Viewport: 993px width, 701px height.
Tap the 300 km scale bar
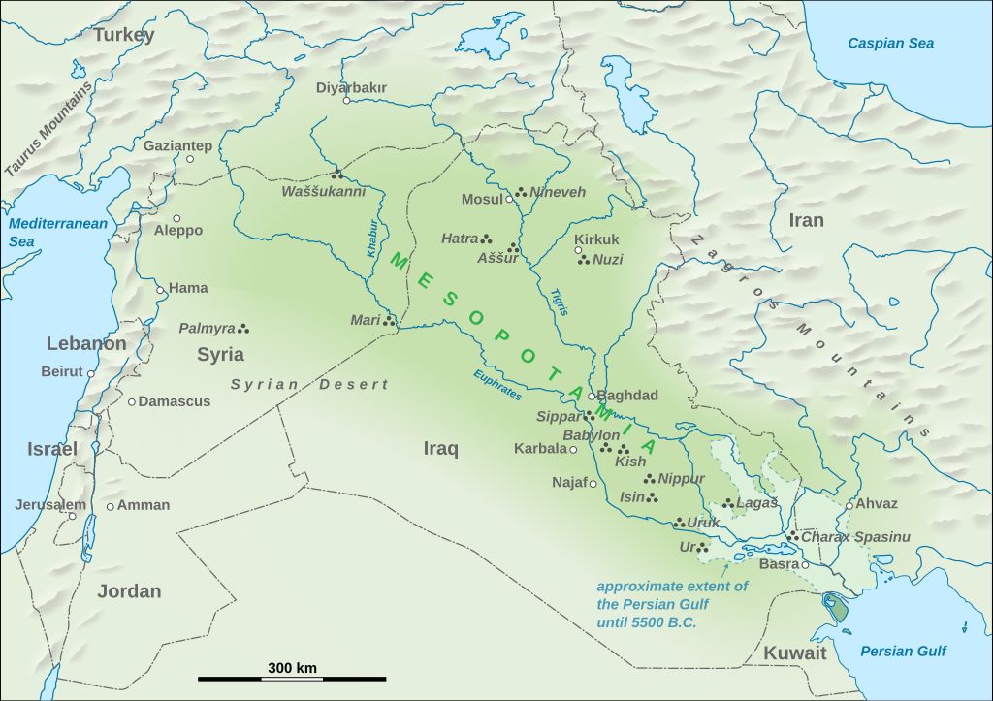(x=292, y=679)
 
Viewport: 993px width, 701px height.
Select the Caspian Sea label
(x=890, y=43)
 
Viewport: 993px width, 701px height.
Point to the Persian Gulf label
(x=903, y=652)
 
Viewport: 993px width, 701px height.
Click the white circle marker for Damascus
(x=131, y=401)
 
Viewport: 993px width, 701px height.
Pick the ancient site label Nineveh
(x=558, y=193)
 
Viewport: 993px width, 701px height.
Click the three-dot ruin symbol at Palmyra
(x=243, y=329)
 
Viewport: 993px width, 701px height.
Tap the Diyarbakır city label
(x=351, y=87)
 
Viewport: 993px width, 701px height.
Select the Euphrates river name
(x=497, y=385)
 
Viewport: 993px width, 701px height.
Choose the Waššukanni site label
(x=323, y=192)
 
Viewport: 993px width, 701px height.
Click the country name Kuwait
(x=794, y=653)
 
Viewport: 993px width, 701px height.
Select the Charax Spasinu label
(x=856, y=537)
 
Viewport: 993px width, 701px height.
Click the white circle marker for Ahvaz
(x=849, y=505)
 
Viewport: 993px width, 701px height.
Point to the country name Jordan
(x=129, y=591)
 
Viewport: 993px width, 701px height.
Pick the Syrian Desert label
(x=308, y=385)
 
